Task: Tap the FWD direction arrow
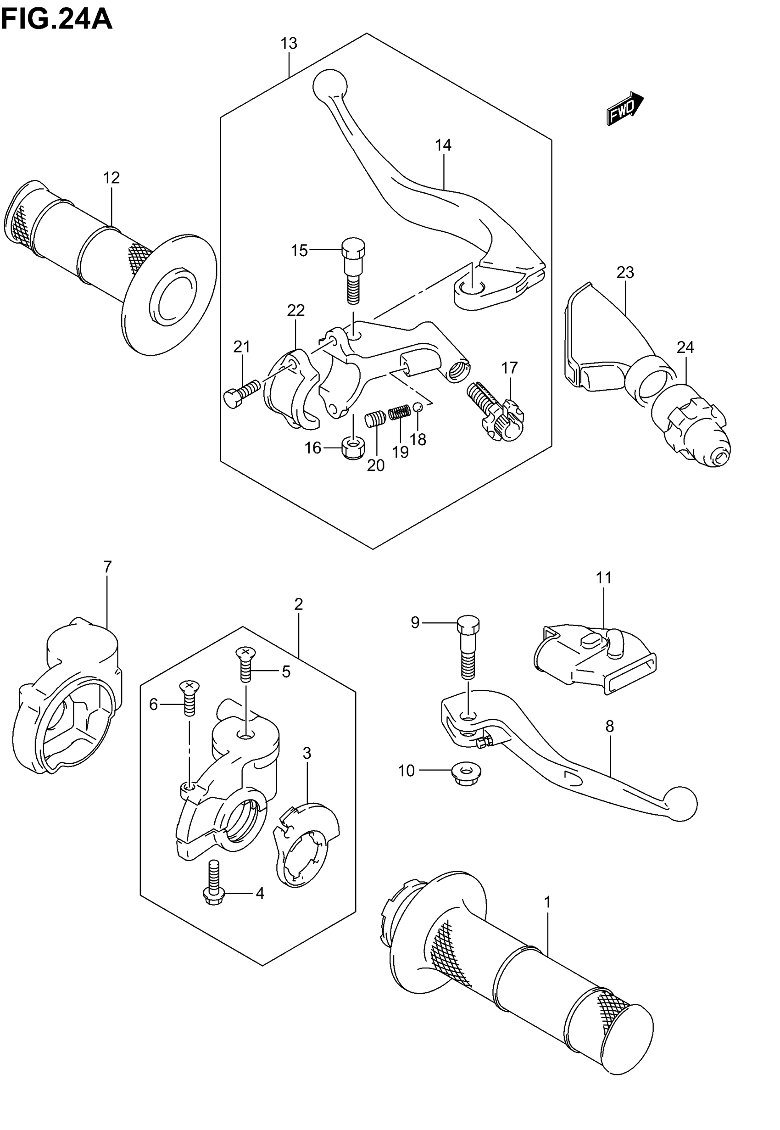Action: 625,108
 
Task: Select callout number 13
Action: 289,44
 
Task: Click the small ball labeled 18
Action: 418,407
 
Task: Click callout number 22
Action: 295,310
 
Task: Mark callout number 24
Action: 685,347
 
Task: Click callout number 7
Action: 107,566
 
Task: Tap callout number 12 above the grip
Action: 111,178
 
